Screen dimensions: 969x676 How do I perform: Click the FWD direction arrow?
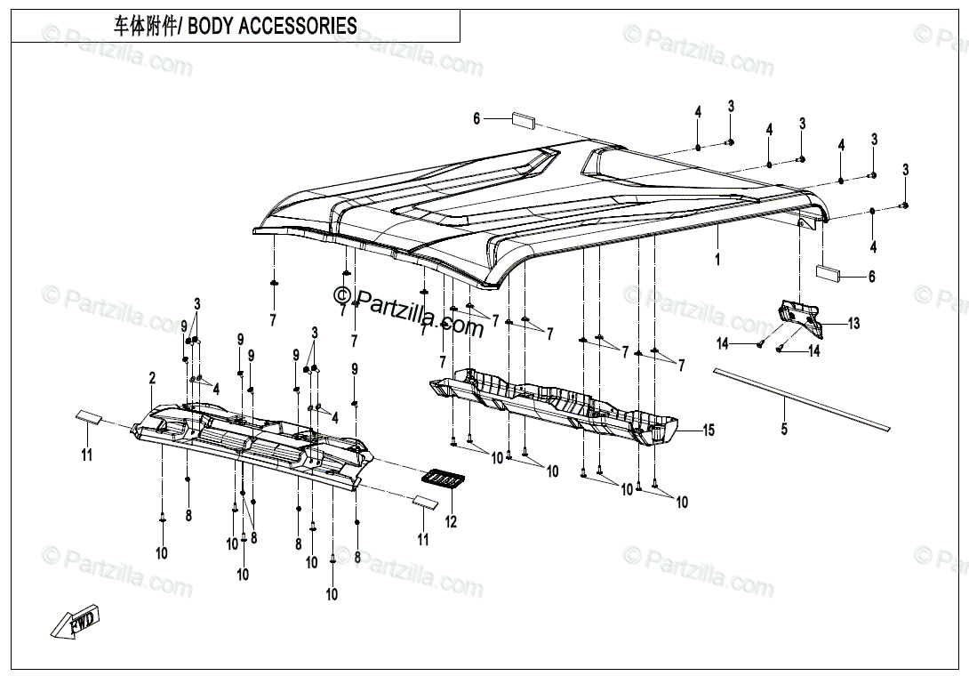pos(76,623)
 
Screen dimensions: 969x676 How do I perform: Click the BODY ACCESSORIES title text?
pos(273,27)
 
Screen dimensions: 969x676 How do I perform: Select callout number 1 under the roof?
pos(717,260)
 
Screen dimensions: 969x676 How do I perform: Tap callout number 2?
pos(153,377)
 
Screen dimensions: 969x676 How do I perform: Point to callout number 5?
pos(784,429)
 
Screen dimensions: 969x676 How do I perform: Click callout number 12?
pos(451,521)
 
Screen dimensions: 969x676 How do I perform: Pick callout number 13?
pos(853,323)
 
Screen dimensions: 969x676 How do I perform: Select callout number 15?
pos(709,430)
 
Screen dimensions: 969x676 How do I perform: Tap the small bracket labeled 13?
pos(800,318)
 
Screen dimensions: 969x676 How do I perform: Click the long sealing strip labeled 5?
pos(802,398)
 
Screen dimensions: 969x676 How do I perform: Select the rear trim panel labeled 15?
pos(554,406)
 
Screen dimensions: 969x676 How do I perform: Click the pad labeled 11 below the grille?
pos(425,503)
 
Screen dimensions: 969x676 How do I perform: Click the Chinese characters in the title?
pos(145,27)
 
